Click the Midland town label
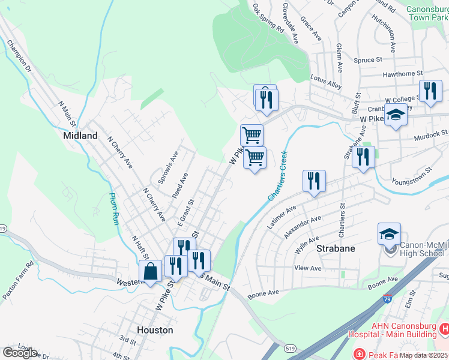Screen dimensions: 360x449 point(80,136)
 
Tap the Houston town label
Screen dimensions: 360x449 point(155,330)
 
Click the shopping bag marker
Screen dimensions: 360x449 point(150,271)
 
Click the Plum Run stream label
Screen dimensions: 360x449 point(113,208)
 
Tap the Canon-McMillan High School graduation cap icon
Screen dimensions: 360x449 point(389,234)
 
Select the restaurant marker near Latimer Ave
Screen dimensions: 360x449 point(314,180)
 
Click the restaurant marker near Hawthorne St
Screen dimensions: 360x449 point(430,91)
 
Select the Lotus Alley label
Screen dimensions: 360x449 point(326,82)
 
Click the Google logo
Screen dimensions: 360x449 point(20,353)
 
